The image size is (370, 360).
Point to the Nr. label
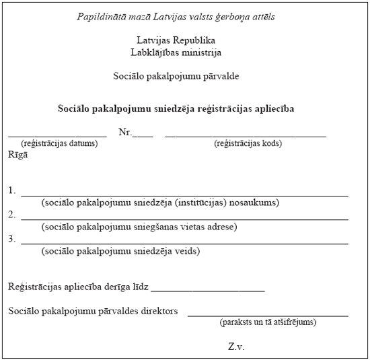tap(125, 133)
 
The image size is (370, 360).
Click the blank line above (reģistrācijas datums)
tap(57, 136)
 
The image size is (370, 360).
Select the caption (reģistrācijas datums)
tap(59, 143)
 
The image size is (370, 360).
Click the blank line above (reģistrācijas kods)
tap(246, 136)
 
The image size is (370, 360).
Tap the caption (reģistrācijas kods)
tap(248, 143)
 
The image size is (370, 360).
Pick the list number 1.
tap(12, 190)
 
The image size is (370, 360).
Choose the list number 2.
tap(12, 215)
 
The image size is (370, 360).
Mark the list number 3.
tap(12, 239)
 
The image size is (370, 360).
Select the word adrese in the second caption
tap(223, 227)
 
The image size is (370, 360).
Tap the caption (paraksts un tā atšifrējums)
tap(268, 322)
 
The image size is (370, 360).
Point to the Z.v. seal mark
tap(235, 347)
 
